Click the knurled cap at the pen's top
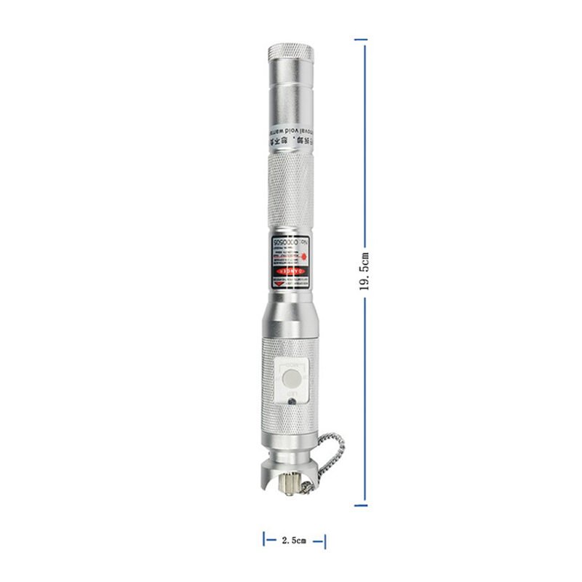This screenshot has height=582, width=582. [x=292, y=55]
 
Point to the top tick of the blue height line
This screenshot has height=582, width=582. [x=361, y=39]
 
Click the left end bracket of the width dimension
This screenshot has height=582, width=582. [x=264, y=540]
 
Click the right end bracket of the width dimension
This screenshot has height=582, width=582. [x=324, y=540]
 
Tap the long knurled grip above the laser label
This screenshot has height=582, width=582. [x=292, y=189]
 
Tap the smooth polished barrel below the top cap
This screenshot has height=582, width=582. [x=292, y=95]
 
